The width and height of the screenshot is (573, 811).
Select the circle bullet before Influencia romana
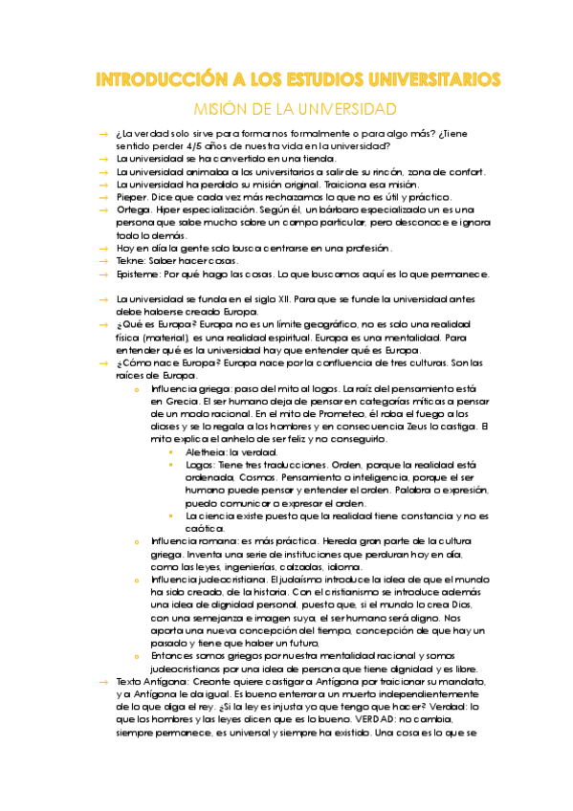[138, 540]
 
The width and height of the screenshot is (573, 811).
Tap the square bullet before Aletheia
[172, 451]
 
